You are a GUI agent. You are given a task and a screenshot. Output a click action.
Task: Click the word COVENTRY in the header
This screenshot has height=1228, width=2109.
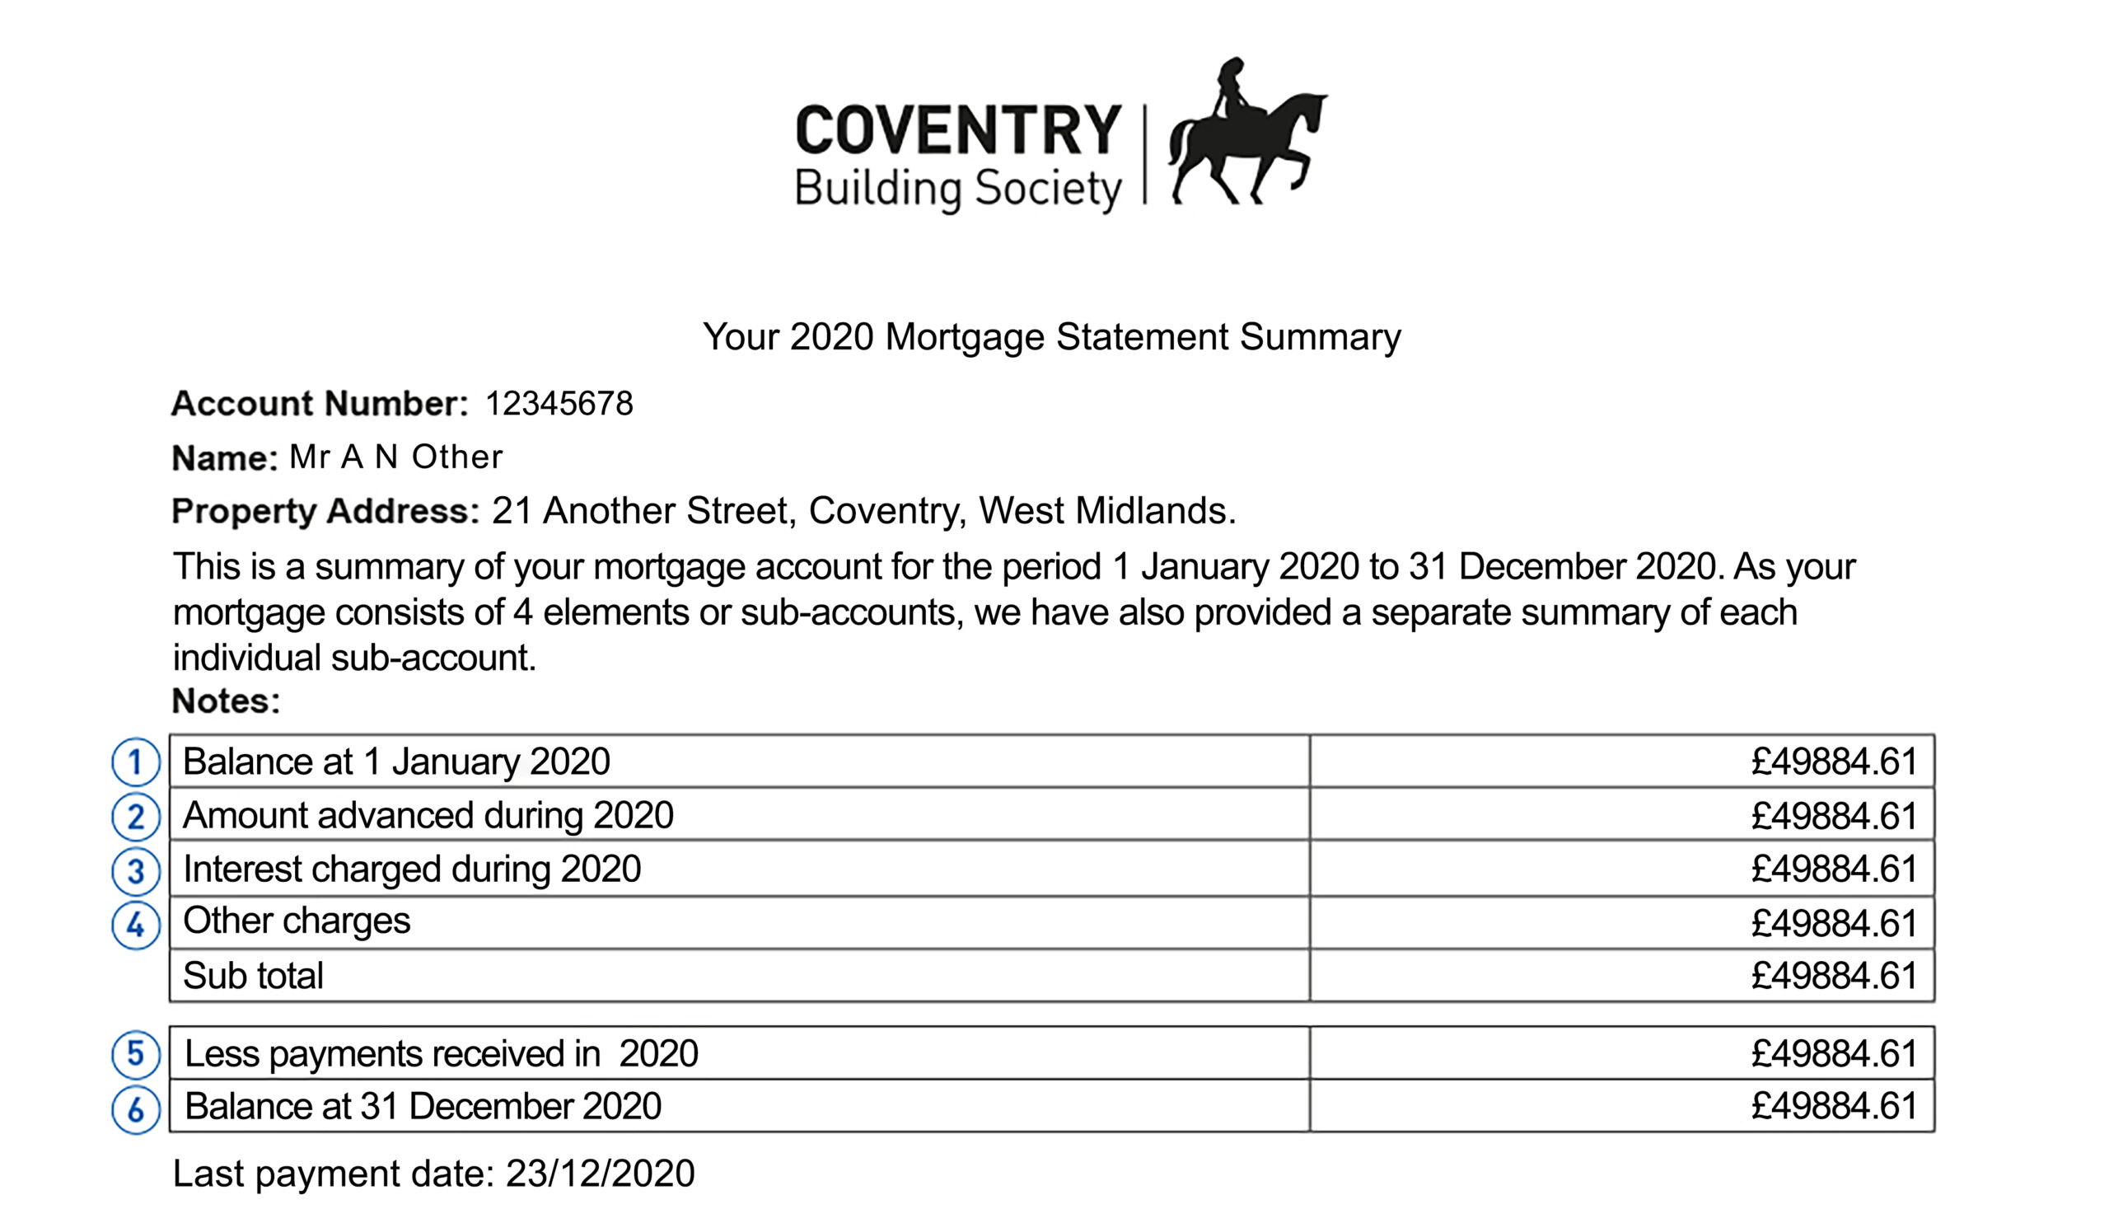(958, 130)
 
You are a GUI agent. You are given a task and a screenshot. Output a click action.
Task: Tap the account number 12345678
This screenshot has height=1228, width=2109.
(559, 404)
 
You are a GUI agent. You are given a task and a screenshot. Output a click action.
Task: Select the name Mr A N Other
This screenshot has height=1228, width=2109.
(396, 457)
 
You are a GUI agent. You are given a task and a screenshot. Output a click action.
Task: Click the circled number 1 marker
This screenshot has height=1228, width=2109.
(136, 762)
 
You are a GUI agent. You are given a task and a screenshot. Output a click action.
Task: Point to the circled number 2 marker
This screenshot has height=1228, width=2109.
(136, 817)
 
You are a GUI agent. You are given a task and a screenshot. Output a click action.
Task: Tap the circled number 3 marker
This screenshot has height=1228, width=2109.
(136, 870)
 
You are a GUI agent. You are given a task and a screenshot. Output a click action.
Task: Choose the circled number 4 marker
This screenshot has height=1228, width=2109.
(136, 925)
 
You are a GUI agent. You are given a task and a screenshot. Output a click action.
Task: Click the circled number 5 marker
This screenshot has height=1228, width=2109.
(136, 1054)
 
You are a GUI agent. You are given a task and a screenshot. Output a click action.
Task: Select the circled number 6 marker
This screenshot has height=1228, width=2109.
(136, 1109)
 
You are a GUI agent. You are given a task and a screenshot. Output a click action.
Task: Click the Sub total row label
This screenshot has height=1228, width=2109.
(253, 976)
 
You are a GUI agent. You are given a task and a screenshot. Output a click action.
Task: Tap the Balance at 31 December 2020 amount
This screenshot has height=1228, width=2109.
(1834, 1107)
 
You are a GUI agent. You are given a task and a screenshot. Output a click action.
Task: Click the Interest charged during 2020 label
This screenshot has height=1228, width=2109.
(412, 869)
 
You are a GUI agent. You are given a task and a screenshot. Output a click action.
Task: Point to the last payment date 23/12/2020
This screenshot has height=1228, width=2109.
(600, 1174)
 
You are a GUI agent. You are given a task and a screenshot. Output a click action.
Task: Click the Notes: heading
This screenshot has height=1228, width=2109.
(226, 701)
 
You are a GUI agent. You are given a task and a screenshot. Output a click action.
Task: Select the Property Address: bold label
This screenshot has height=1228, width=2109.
(325, 511)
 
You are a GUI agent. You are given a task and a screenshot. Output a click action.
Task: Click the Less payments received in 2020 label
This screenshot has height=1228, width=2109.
(441, 1054)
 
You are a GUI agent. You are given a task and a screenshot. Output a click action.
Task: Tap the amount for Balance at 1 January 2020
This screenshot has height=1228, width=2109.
(1834, 762)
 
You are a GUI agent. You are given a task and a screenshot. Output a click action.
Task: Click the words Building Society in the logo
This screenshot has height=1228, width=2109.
(958, 190)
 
